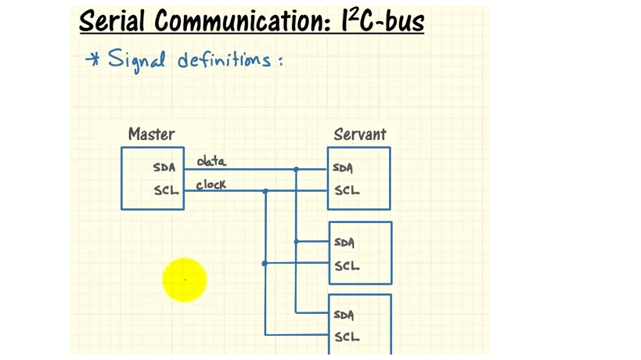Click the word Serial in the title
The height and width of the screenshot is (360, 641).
[x=113, y=21]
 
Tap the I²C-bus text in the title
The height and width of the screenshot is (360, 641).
[x=383, y=21]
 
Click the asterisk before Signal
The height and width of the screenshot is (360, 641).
[x=92, y=59]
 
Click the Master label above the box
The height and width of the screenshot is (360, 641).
[x=151, y=135]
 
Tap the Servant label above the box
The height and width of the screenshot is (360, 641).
[x=359, y=135]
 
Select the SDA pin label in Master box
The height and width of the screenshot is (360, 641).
[x=164, y=167]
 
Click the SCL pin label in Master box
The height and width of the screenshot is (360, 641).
[x=166, y=190]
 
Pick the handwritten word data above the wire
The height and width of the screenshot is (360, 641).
[x=211, y=161]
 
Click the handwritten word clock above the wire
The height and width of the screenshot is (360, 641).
[x=211, y=185]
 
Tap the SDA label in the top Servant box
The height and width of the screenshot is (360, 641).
[x=343, y=167]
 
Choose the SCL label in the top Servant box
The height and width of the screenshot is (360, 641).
[x=347, y=190]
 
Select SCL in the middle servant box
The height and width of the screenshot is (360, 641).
[x=347, y=265]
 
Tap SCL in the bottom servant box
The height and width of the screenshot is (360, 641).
[x=347, y=337]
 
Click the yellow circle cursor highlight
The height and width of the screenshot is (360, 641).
[x=185, y=279]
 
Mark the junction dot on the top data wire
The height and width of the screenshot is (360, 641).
[x=296, y=169]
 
